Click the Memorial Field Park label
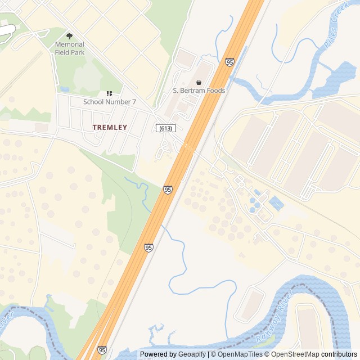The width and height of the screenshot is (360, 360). [x=70, y=48]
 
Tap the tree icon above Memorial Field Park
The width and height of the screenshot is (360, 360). [x=70, y=36]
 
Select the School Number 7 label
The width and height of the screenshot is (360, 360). [x=110, y=102]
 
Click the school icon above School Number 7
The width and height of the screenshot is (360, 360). [x=109, y=93]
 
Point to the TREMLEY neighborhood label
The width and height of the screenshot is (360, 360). [x=110, y=128]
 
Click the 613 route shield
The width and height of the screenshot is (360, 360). [x=164, y=128]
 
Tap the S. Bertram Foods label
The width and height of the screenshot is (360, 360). [x=199, y=91]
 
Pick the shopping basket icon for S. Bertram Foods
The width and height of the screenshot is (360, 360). [x=199, y=82]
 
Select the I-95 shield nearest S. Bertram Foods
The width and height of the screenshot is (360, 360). [x=229, y=62]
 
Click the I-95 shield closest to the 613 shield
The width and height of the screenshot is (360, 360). [x=168, y=190]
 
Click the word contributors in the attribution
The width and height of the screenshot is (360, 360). [x=339, y=354]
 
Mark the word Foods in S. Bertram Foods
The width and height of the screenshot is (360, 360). [x=215, y=91]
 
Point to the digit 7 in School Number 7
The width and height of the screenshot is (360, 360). [x=134, y=102]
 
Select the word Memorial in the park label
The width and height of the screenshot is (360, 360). [x=70, y=44]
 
